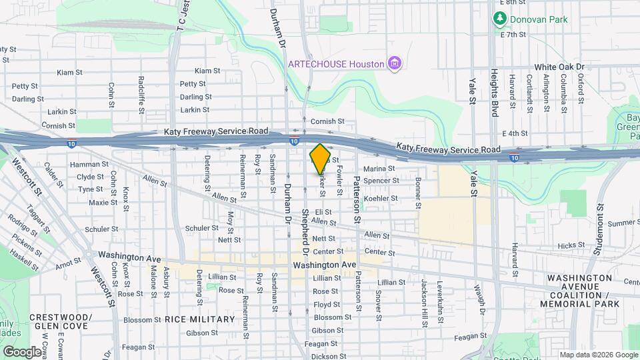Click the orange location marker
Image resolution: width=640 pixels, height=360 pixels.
[x=320, y=158]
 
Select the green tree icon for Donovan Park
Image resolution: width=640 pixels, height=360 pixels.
[x=498, y=19]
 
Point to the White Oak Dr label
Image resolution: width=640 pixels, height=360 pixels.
[x=559, y=67]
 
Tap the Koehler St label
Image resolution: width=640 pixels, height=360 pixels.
[x=381, y=198]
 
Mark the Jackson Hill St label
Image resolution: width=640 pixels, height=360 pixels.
[x=424, y=303]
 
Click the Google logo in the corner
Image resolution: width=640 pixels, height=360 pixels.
[x=22, y=351]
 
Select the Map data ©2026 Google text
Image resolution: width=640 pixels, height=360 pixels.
[x=598, y=355]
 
